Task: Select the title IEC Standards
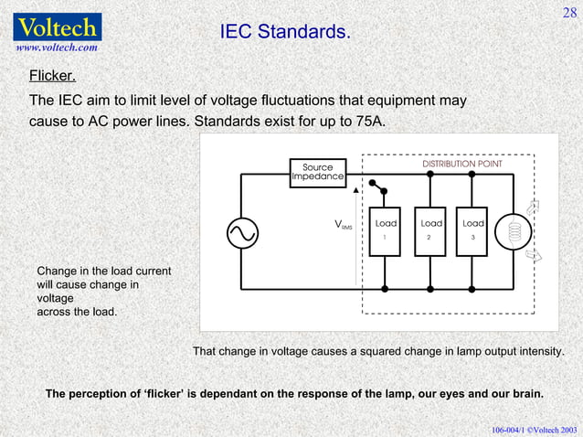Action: coord(285,33)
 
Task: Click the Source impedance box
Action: coord(318,172)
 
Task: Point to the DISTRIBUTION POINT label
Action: coord(461,164)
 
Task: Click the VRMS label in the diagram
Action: coord(344,225)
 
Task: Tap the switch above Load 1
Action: coord(376,191)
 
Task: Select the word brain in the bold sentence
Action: coord(525,394)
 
